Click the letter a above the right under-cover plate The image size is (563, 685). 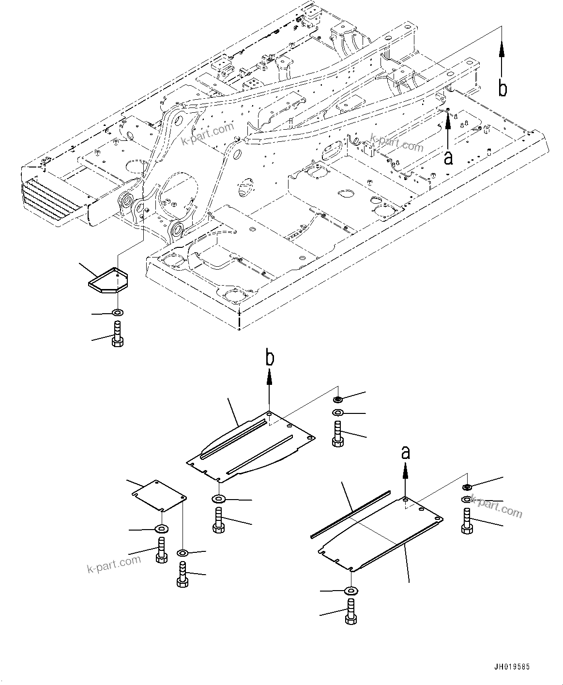pyautogui.click(x=406, y=452)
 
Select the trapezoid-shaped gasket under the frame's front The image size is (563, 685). pyautogui.click(x=107, y=281)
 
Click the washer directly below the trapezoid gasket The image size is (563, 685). pyautogui.click(x=117, y=312)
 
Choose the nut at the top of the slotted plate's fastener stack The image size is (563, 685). pyautogui.click(x=337, y=399)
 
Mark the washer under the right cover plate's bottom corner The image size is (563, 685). pyautogui.click(x=350, y=591)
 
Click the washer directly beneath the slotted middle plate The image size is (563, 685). pyautogui.click(x=218, y=499)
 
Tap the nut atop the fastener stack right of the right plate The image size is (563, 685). pyautogui.click(x=467, y=487)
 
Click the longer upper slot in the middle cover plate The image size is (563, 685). pyautogui.click(x=234, y=438)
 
